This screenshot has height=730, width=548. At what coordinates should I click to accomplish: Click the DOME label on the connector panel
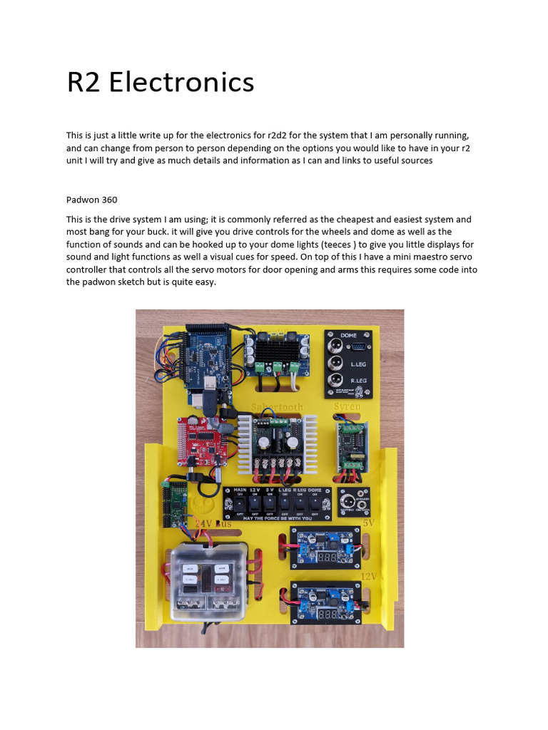click(348, 336)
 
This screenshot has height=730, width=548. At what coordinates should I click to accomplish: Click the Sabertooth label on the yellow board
click(277, 407)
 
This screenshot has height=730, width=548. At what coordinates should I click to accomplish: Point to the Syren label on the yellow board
click(347, 406)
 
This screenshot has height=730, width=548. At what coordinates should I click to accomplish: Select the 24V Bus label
click(214, 524)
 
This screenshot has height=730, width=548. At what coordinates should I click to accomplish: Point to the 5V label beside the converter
click(368, 523)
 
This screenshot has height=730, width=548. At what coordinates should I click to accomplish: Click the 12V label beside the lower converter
click(367, 576)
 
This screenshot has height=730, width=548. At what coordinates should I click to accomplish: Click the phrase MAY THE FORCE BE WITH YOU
click(278, 518)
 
